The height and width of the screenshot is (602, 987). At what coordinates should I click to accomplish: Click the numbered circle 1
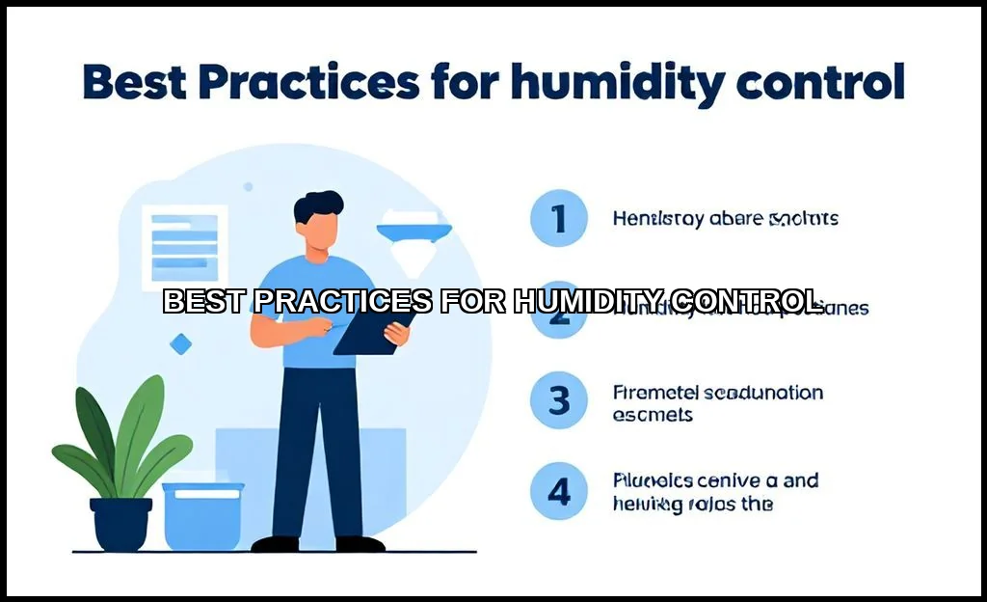[559, 219]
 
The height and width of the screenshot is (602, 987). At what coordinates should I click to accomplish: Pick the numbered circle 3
[559, 401]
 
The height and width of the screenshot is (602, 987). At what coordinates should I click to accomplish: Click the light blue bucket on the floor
[202, 515]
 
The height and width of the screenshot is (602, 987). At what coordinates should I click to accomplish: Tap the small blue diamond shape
[179, 342]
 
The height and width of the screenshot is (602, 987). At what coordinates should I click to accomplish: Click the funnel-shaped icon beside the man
[415, 236]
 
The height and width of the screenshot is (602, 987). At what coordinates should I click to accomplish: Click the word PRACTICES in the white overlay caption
[344, 301]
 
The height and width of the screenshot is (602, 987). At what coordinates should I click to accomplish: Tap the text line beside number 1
[725, 219]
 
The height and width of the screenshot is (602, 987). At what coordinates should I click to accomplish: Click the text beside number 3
[717, 403]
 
